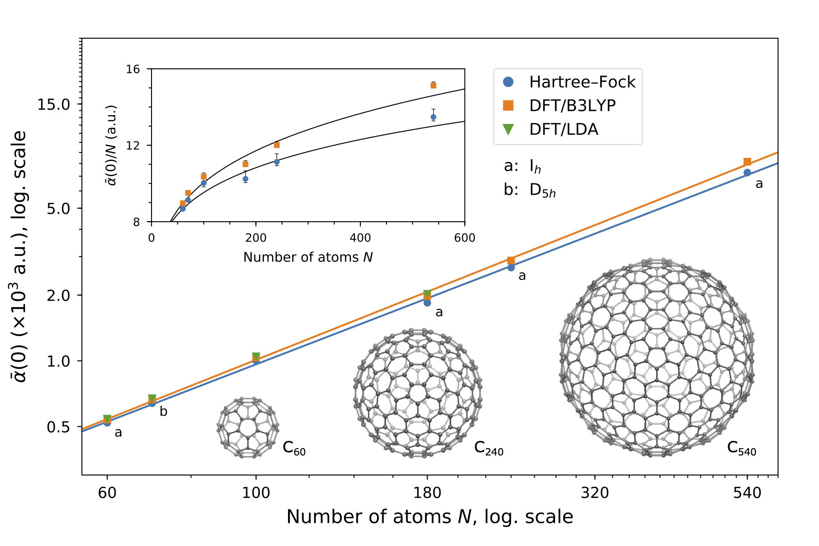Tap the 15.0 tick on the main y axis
(x=53, y=104)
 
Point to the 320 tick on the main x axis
(x=595, y=493)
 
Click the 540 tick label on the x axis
(x=747, y=493)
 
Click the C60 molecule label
(x=294, y=448)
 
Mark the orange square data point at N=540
(x=747, y=162)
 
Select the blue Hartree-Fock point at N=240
(x=511, y=268)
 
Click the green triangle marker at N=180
(x=427, y=294)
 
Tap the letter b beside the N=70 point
(x=163, y=411)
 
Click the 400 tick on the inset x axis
(x=360, y=238)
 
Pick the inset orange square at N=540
(x=433, y=85)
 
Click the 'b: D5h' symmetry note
(x=530, y=190)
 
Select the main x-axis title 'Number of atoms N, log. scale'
(x=430, y=517)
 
